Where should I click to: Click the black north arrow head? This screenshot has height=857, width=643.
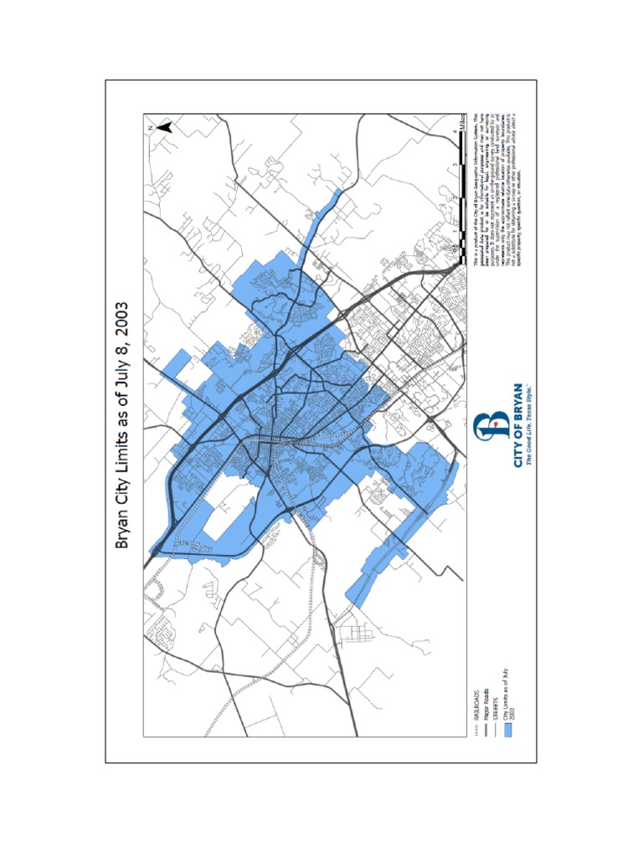pos(165,127)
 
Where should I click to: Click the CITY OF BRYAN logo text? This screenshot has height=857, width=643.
pos(517,425)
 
